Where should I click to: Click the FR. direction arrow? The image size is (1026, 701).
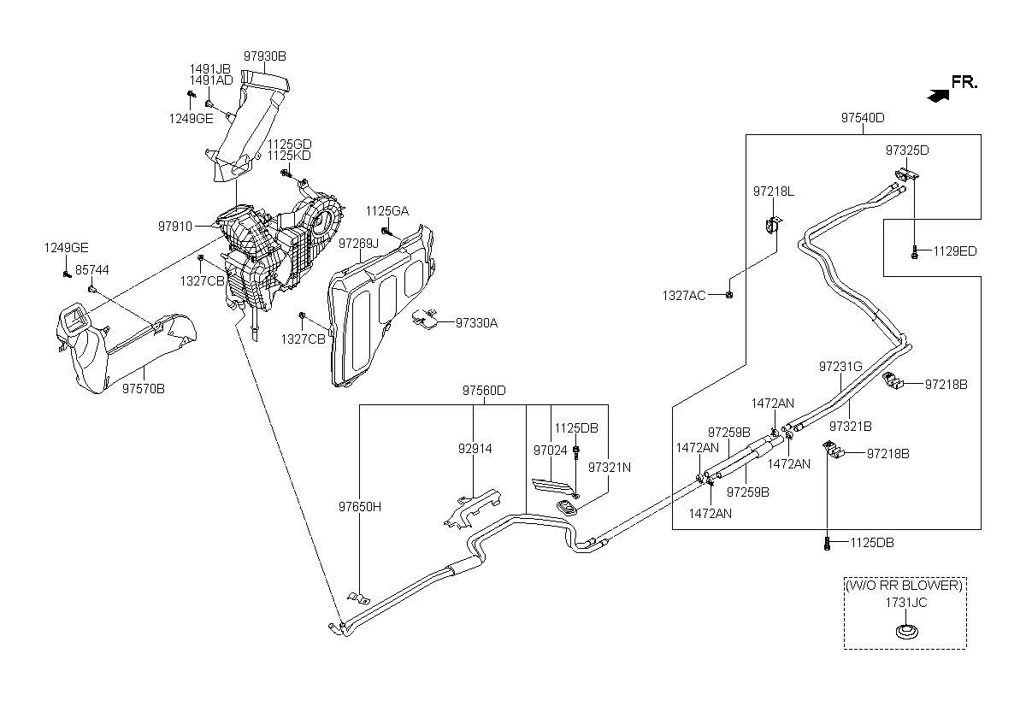click(x=937, y=96)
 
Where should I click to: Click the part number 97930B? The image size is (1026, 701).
click(x=265, y=56)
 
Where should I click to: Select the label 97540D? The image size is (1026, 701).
click(x=863, y=118)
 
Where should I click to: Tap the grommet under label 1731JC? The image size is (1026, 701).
click(x=907, y=633)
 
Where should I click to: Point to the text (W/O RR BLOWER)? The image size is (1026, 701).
click(x=905, y=586)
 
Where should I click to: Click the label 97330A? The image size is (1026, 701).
click(x=476, y=323)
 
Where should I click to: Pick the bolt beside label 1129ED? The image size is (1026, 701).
click(x=914, y=252)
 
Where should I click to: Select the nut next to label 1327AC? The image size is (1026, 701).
click(x=729, y=295)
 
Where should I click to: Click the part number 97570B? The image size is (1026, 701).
click(x=144, y=389)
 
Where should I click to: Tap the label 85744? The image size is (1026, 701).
click(x=92, y=270)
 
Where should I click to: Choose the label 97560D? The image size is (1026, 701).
click(x=484, y=391)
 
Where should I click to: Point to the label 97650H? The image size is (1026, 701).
click(x=360, y=507)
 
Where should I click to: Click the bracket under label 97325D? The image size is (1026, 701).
click(x=907, y=174)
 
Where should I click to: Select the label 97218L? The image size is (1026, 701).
click(x=774, y=191)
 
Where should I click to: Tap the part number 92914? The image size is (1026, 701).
click(x=475, y=449)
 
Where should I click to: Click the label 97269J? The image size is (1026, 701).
click(x=358, y=244)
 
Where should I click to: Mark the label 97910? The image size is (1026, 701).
click(x=175, y=227)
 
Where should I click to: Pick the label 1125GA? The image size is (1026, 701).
click(x=387, y=211)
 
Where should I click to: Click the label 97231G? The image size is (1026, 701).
click(x=840, y=367)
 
